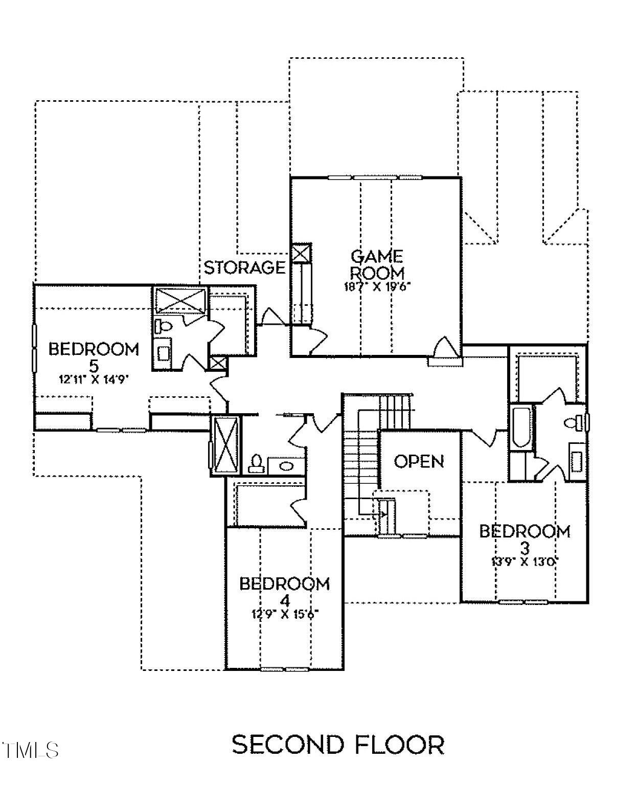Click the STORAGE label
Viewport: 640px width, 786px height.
pyautogui.click(x=244, y=267)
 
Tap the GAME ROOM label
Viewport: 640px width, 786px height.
pyautogui.click(x=377, y=264)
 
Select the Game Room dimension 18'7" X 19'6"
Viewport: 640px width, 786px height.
pyautogui.click(x=377, y=286)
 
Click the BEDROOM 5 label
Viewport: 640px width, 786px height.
pyautogui.click(x=94, y=357)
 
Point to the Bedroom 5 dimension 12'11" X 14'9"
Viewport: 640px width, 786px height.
pyautogui.click(x=94, y=379)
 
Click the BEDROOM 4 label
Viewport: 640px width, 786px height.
pyautogui.click(x=285, y=591)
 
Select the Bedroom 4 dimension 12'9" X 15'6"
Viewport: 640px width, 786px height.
pyautogui.click(x=285, y=614)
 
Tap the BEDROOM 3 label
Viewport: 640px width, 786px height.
pyautogui.click(x=524, y=538)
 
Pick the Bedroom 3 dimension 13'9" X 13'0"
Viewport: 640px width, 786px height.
pyautogui.click(x=524, y=561)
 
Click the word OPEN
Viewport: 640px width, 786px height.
pyautogui.click(x=419, y=461)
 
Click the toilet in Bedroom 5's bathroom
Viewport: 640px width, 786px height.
pyautogui.click(x=164, y=326)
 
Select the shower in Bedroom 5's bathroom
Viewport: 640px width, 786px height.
pyautogui.click(x=180, y=300)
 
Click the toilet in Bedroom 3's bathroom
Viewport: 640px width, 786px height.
pyautogui.click(x=573, y=422)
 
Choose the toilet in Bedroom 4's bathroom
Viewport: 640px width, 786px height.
pyautogui.click(x=256, y=463)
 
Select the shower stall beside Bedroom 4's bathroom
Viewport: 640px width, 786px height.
pyautogui.click(x=225, y=444)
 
